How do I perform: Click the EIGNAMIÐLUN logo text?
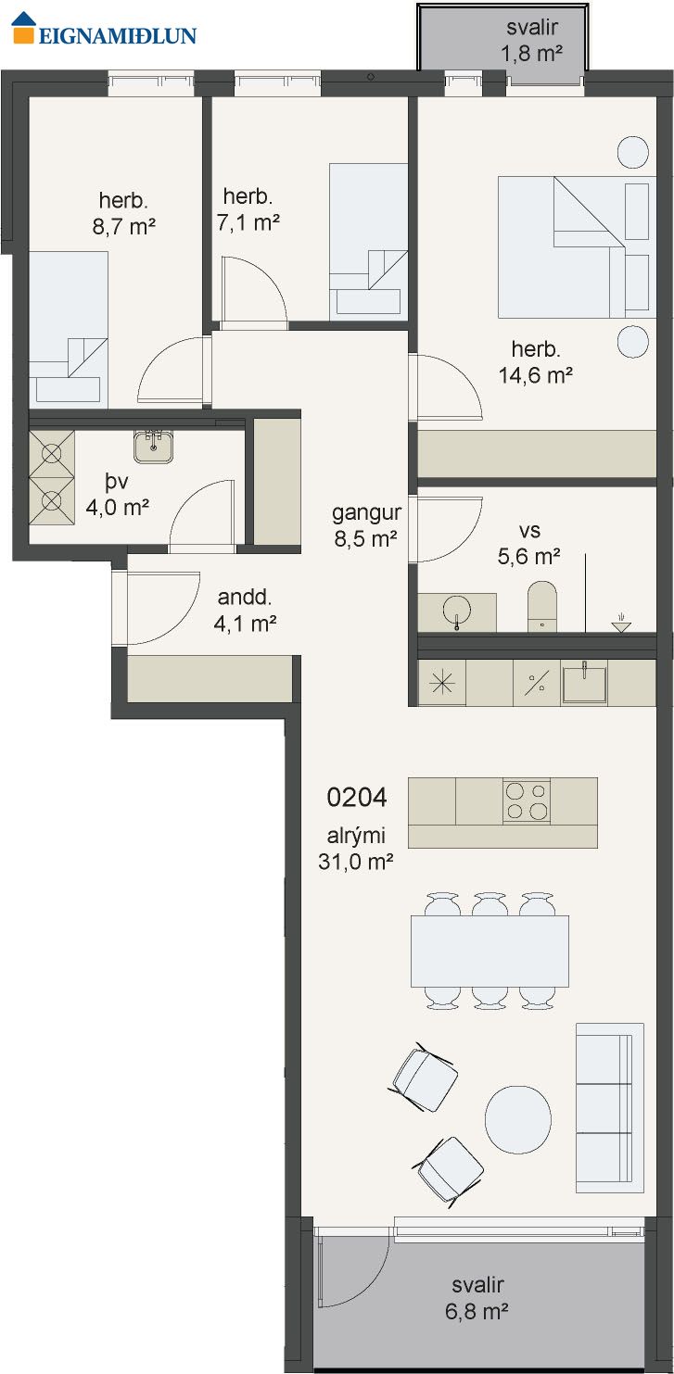(x=118, y=35)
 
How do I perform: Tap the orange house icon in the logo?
(x=24, y=28)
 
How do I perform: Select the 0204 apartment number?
(x=357, y=798)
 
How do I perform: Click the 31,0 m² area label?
(x=355, y=862)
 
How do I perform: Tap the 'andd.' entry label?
(x=245, y=597)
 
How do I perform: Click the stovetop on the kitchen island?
(x=527, y=800)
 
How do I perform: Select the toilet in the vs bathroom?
(x=542, y=607)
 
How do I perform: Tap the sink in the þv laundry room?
(x=154, y=446)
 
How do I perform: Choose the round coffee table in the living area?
(x=518, y=1118)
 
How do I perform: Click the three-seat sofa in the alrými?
(x=609, y=1108)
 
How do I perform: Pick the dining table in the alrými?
(x=490, y=951)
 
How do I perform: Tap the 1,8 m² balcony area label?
(x=532, y=54)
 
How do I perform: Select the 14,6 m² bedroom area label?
(x=536, y=375)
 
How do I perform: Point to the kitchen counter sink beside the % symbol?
(x=584, y=683)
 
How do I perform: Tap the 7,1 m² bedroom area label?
(x=248, y=221)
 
